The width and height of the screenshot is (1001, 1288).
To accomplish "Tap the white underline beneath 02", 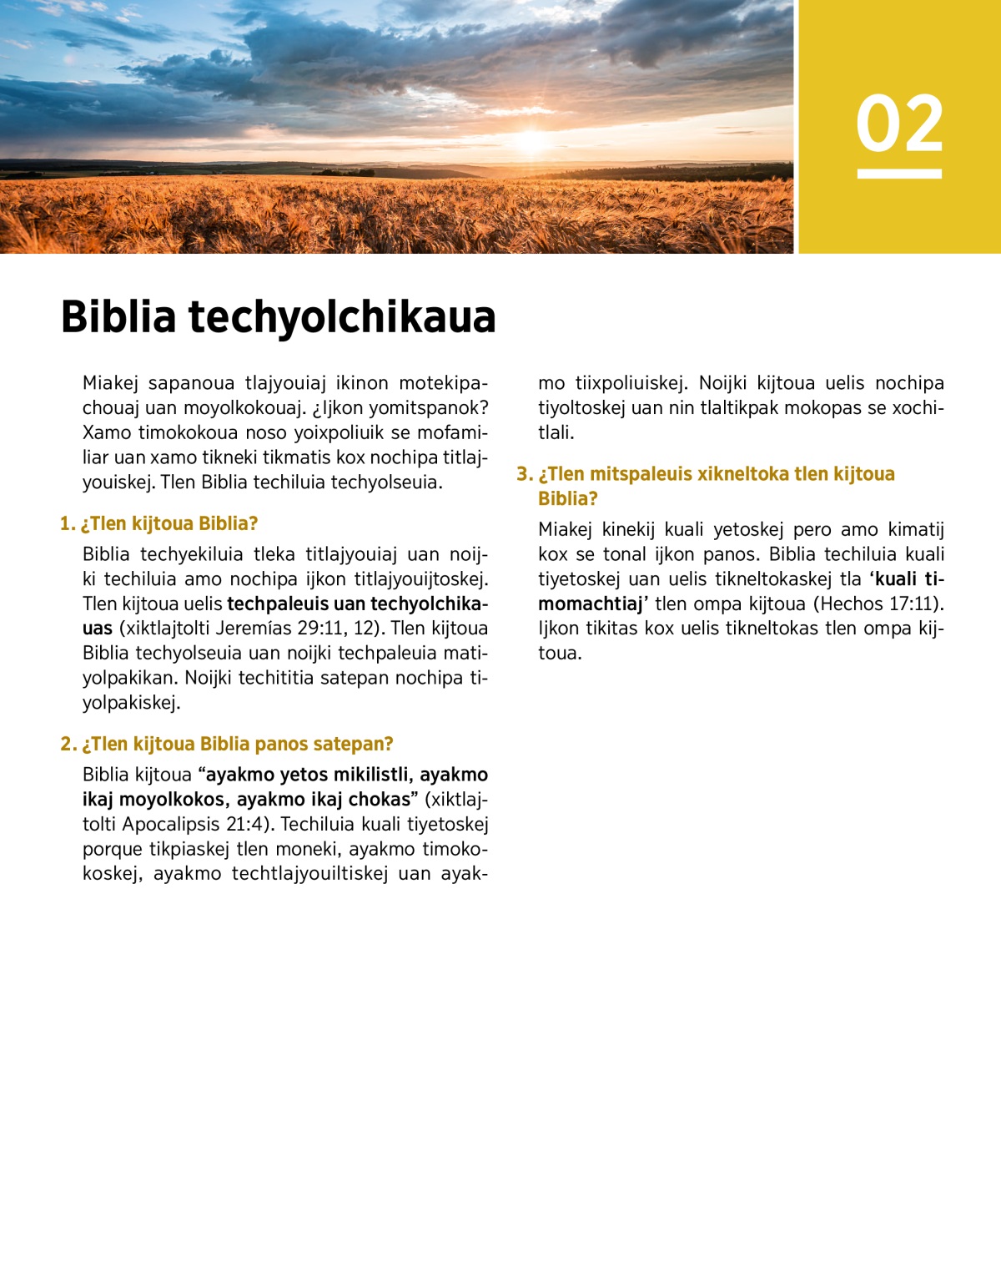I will coord(899,174).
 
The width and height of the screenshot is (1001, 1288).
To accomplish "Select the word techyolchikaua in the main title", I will coord(342,317).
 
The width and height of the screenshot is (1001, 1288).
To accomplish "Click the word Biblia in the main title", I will coord(118,317).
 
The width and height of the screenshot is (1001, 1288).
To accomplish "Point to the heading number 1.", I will coord(67,523).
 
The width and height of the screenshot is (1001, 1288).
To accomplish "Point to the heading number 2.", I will coord(68,744).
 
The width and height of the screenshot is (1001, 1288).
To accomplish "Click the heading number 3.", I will coord(524,474).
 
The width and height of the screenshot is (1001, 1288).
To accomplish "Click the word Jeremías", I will coord(253,628).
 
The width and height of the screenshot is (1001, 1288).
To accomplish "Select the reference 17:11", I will coord(913,604).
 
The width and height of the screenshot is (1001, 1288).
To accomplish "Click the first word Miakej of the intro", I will coord(110,383).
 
